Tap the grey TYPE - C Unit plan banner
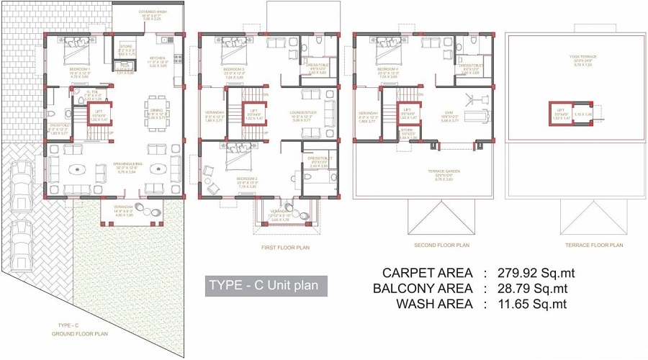[x=266, y=286]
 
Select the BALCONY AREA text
[x=423, y=289]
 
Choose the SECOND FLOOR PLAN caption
[x=441, y=246]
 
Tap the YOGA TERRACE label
[x=593, y=57]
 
